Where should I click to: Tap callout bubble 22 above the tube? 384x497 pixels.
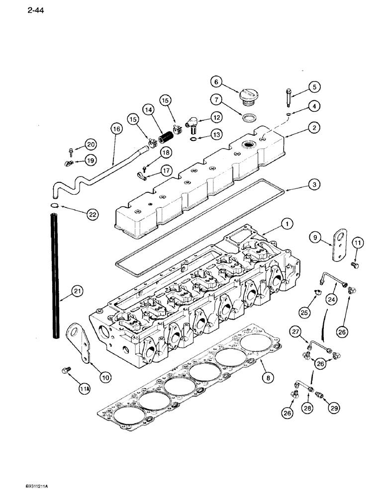pos(91,215)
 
